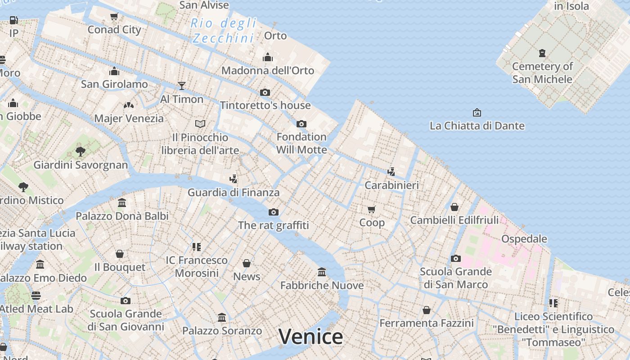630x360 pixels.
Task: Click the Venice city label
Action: [310, 337]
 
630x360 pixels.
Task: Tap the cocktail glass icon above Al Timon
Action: [182, 85]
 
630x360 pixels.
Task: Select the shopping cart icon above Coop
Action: [372, 209]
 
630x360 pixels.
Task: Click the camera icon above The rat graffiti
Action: [273, 212]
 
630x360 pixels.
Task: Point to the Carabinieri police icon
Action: [391, 171]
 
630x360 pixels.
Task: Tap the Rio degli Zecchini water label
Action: [224, 31]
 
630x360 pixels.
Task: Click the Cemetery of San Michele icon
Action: [542, 53]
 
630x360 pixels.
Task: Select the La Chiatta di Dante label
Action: [477, 126]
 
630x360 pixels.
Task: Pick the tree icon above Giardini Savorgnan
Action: [81, 151]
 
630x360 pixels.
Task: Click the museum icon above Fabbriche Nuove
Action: [322, 272]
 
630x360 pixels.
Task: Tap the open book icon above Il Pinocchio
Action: [200, 124]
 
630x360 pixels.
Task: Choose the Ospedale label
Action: [524, 238]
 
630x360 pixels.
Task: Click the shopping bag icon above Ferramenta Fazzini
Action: [426, 310]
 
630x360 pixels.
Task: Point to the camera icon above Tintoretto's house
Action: [265, 92]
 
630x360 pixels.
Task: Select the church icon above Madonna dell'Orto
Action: [268, 57]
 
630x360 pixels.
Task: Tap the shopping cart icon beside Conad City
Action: [114, 17]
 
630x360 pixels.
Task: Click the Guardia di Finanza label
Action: [234, 193]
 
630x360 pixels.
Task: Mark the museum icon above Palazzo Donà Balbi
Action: [122, 202]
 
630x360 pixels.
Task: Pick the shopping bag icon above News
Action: [247, 263]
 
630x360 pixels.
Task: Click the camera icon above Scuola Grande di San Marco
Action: [456, 258]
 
